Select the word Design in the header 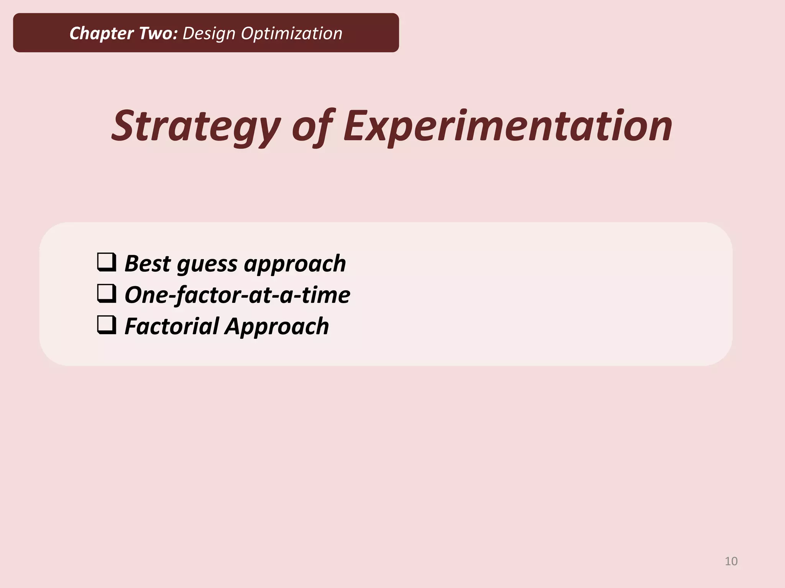(209, 34)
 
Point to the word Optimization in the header (291, 34)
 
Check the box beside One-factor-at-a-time (107, 294)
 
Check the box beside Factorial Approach (107, 325)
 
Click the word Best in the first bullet (148, 263)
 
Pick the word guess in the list (207, 264)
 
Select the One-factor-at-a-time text (237, 295)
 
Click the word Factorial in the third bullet (171, 326)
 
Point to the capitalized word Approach (277, 327)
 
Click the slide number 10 (731, 561)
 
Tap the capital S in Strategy (123, 126)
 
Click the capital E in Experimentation (356, 126)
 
